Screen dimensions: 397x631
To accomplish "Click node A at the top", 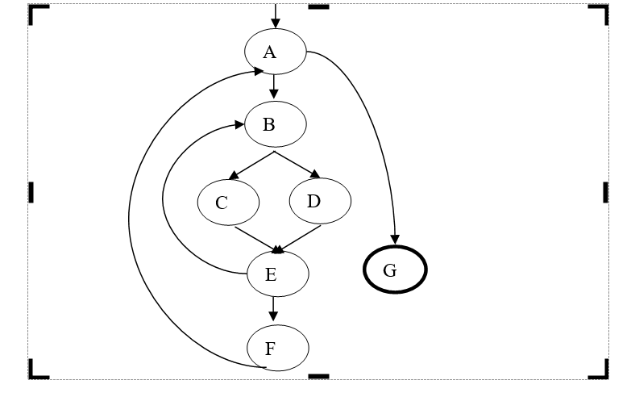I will pyautogui.click(x=276, y=52).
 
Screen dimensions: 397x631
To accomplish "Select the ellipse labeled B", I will pyautogui.click(x=276, y=125).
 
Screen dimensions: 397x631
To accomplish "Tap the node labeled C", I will pyautogui.click(x=228, y=202).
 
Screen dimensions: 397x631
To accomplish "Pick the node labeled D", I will pyautogui.click(x=320, y=200).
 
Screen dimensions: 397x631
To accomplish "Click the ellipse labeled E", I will pyautogui.click(x=277, y=274).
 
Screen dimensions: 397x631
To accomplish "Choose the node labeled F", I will pyautogui.click(x=277, y=348).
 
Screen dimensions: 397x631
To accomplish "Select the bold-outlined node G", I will pyautogui.click(x=395, y=270).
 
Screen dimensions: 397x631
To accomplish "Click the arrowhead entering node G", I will pyautogui.click(x=395, y=239).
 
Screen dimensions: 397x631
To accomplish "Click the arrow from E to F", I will pyautogui.click(x=273, y=308).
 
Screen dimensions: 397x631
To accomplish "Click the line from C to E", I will pyautogui.click(x=255, y=238).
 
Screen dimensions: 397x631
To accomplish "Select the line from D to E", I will pyautogui.click(x=301, y=237).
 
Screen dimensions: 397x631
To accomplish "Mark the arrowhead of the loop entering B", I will pyautogui.click(x=240, y=124).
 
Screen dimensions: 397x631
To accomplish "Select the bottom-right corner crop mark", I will pyautogui.click(x=600, y=370).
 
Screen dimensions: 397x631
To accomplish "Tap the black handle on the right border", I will pyautogui.click(x=605, y=191).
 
